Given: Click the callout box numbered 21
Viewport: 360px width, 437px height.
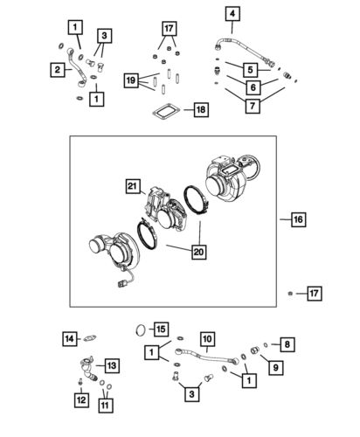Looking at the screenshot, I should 132,185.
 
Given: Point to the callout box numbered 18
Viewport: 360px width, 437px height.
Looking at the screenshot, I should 201,110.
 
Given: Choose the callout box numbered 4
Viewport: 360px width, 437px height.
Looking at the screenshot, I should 232,14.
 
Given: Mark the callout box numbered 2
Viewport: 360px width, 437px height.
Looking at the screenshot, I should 59,70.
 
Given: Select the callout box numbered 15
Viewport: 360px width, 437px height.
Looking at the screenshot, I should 160,329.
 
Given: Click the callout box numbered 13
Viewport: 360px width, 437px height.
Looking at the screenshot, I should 112,365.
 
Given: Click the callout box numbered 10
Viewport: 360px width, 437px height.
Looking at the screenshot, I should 206,339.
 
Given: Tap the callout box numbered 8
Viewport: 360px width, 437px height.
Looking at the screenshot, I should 287,343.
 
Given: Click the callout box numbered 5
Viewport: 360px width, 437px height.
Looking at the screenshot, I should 250,69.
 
